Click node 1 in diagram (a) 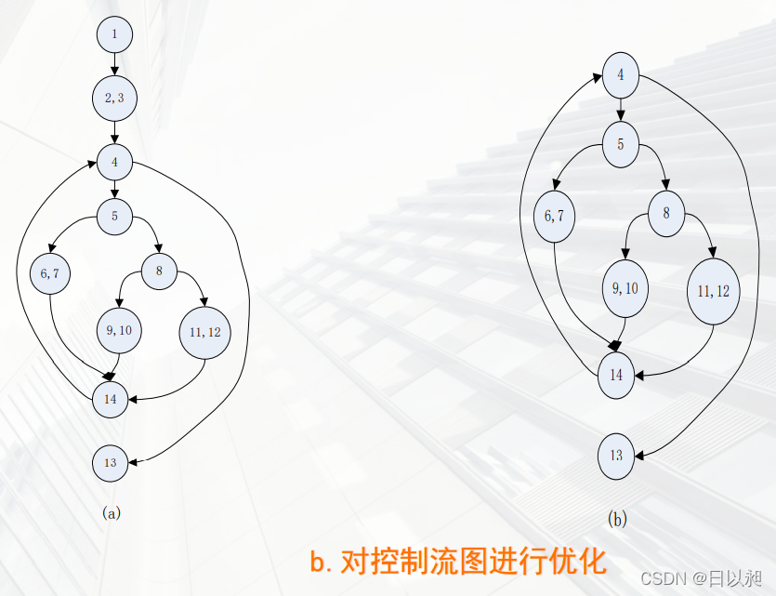point(114,35)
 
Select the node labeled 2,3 point(114,98)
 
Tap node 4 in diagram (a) point(114,162)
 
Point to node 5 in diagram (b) point(620,143)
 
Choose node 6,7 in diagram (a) point(49,273)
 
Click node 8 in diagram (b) point(666,213)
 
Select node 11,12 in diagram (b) point(713,291)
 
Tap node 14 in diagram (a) point(112,399)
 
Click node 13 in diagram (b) point(616,456)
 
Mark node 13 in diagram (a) point(111,463)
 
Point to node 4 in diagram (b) point(620,74)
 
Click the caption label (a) point(111,511)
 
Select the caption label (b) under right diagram point(617,519)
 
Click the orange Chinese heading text point(457,562)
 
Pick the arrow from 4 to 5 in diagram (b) point(620,109)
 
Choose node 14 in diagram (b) point(616,376)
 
